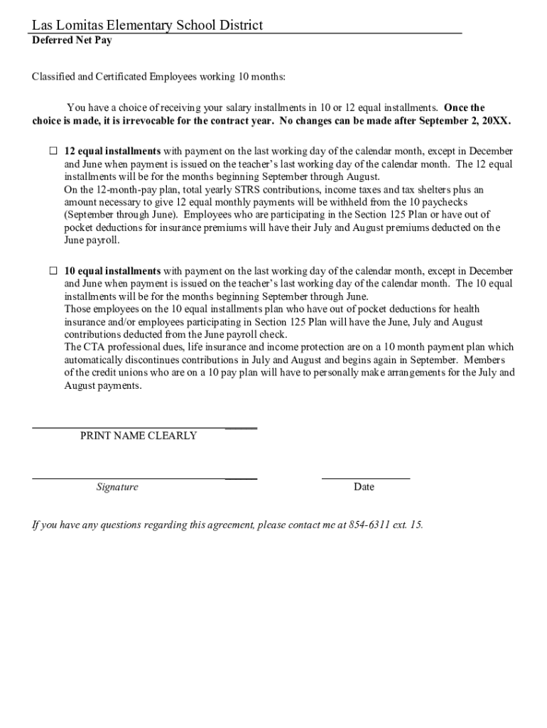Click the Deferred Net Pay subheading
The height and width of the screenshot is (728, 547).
coord(72,41)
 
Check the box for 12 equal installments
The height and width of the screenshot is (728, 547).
coord(53,151)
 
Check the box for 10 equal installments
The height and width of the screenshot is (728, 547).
coord(53,271)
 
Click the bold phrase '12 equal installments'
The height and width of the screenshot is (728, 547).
coord(113,151)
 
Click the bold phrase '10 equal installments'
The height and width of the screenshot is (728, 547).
coord(113,271)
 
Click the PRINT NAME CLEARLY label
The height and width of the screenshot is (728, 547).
coord(139,436)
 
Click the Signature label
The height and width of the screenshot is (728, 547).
coord(117,487)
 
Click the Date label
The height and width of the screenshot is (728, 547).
coord(364,487)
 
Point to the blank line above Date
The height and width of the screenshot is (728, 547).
coord(365,478)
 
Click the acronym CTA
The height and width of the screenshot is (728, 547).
coord(94,347)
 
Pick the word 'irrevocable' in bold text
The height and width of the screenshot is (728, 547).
coord(157,121)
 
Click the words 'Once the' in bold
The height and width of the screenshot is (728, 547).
coord(465,108)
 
